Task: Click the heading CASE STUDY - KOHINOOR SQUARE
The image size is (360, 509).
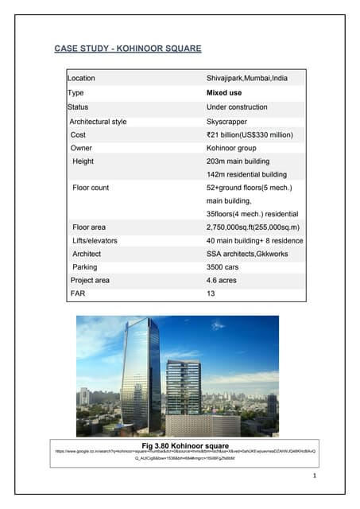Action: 127,49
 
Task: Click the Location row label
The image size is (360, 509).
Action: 81,79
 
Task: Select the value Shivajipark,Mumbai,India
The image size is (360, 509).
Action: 248,79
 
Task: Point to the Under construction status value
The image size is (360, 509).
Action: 239,107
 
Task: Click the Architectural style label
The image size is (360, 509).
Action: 98,122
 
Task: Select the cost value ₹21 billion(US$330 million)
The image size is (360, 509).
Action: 250,135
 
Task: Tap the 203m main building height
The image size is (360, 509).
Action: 242,161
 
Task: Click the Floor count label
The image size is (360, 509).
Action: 91,188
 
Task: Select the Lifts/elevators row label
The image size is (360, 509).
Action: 96,240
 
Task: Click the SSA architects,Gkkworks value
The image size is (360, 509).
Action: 249,254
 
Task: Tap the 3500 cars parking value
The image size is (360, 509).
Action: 224,267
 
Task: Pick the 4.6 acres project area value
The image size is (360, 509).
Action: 223,281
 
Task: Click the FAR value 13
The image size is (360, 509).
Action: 211,294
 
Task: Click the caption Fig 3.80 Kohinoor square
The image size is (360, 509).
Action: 184,445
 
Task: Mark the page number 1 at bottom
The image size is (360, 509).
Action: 315,476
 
